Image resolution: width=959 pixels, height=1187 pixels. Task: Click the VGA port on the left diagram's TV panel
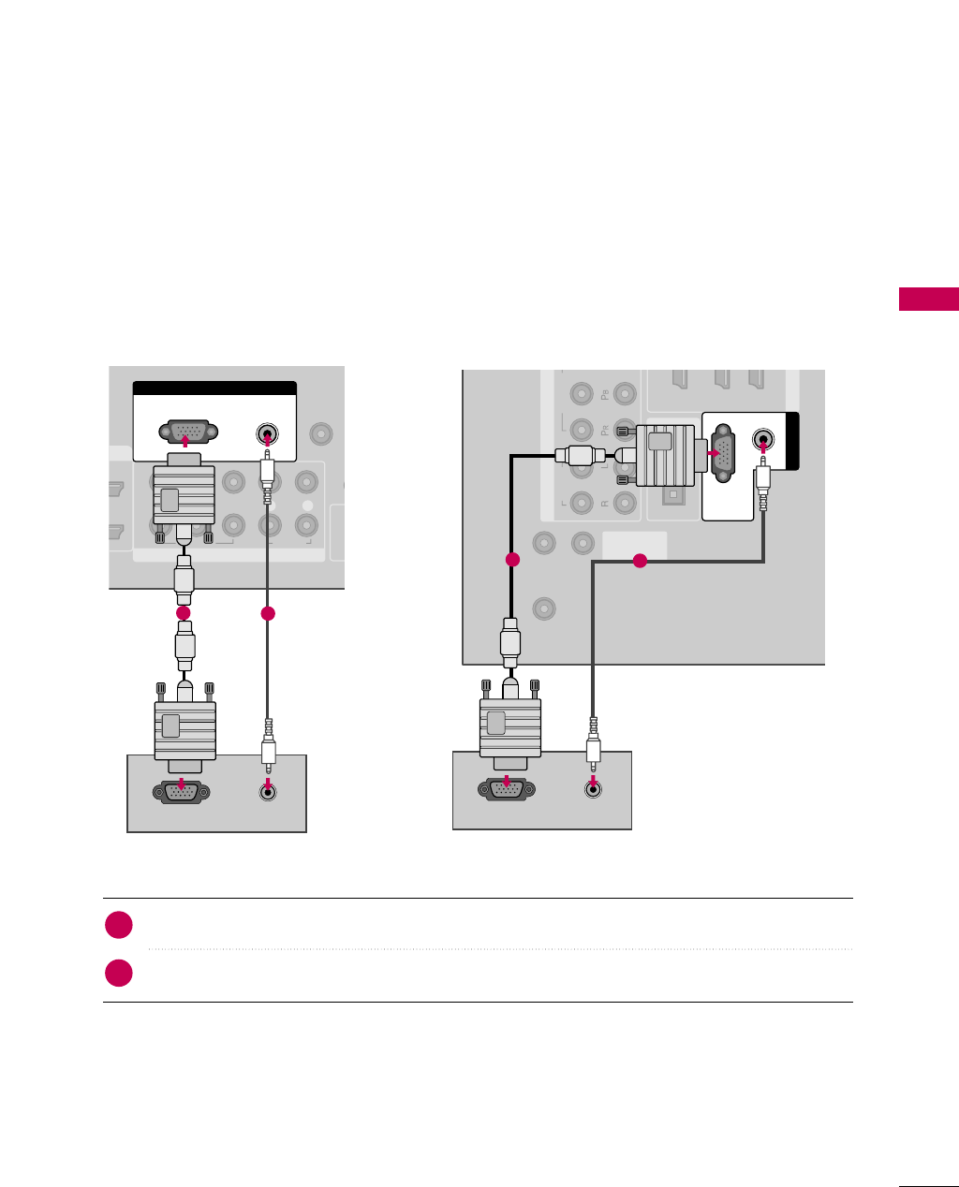(188, 432)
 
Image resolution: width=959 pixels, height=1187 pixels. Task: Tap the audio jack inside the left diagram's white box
(268, 435)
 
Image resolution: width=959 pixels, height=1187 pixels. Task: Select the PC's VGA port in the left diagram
(181, 792)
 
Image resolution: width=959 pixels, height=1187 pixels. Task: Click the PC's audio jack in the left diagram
(269, 791)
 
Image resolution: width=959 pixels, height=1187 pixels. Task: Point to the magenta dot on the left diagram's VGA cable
(184, 612)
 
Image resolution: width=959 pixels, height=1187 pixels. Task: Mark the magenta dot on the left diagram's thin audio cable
(268, 613)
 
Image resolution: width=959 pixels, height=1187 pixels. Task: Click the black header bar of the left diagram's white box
(214, 388)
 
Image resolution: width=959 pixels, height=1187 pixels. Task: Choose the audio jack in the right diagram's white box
(764, 439)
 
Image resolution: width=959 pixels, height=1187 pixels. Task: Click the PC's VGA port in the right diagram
(507, 789)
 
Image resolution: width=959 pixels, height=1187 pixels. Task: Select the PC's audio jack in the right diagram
(593, 788)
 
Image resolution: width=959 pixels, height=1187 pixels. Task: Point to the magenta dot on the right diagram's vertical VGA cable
(511, 560)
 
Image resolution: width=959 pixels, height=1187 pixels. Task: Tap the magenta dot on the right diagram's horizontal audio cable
(640, 561)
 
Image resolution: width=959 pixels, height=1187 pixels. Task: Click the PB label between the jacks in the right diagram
(604, 394)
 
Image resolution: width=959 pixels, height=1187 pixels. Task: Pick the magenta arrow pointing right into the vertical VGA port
(714, 453)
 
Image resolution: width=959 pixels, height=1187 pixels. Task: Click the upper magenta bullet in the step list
(118, 925)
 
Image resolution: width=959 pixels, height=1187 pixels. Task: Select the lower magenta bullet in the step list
(118, 973)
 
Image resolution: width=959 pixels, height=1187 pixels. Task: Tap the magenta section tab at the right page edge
(928, 300)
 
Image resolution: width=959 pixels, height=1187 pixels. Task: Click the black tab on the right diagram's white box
(793, 441)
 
